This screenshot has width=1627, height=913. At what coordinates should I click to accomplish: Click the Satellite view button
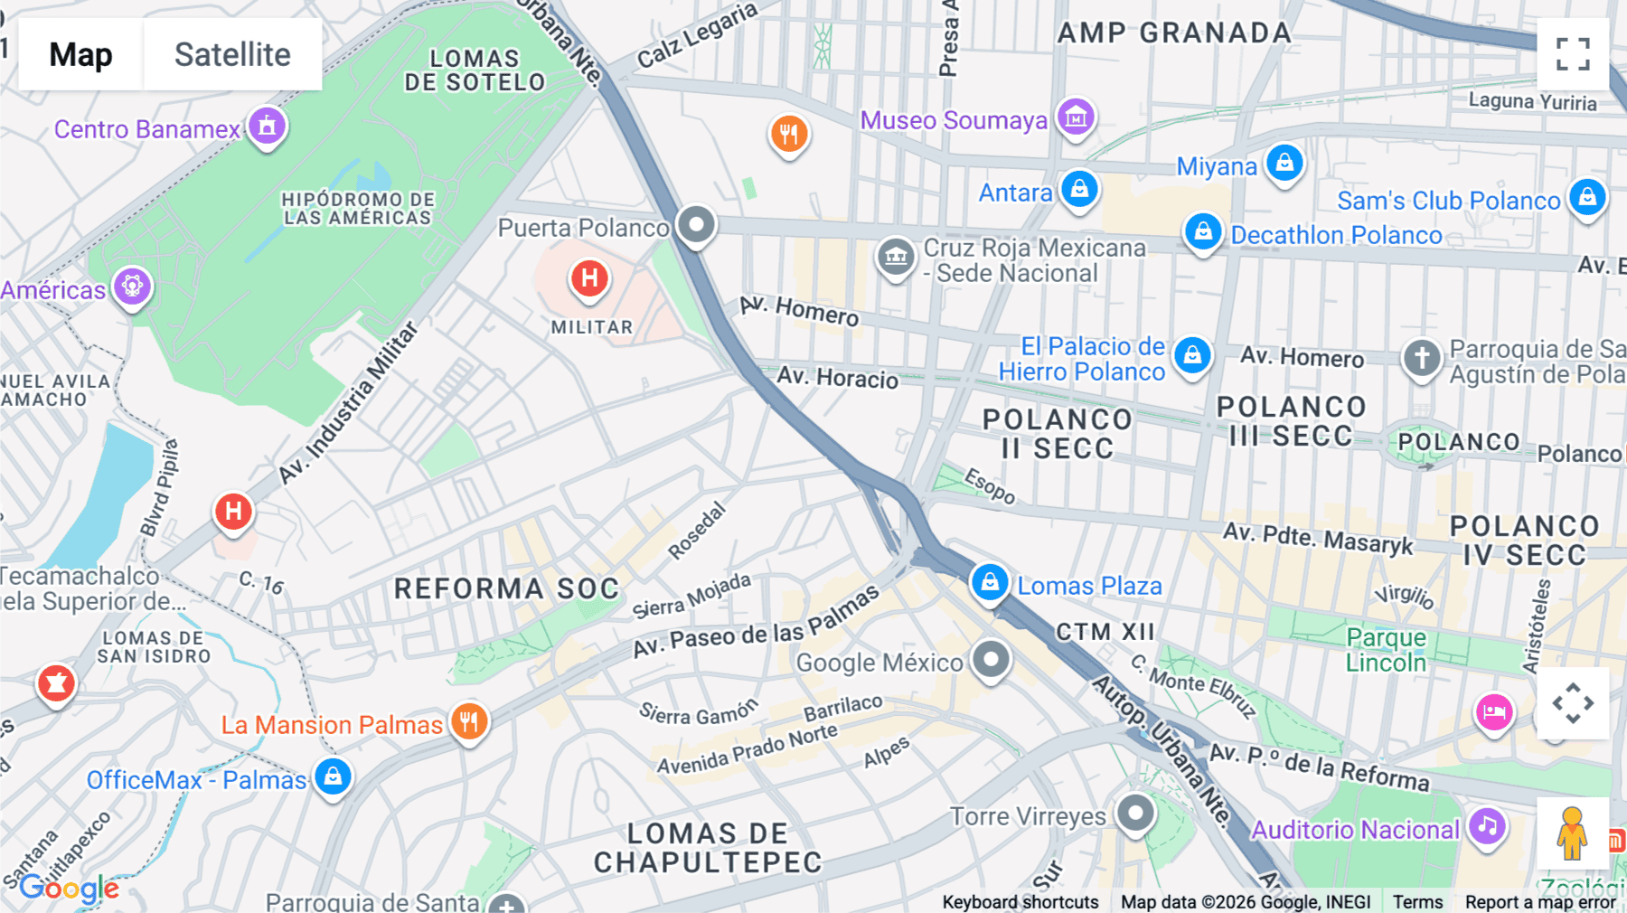pyautogui.click(x=232, y=54)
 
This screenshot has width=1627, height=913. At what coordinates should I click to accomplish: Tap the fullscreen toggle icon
pyautogui.click(x=1573, y=54)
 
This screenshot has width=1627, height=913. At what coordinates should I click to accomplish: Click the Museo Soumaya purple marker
pyautogui.click(x=1076, y=118)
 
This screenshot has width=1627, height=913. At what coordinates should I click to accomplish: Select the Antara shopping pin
pyautogui.click(x=1079, y=190)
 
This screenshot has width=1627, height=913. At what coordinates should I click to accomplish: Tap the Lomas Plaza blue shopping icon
pyautogui.click(x=990, y=583)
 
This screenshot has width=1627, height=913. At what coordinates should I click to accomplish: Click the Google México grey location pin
pyautogui.click(x=991, y=660)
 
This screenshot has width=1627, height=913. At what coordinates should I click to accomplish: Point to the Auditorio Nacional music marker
pyautogui.click(x=1487, y=826)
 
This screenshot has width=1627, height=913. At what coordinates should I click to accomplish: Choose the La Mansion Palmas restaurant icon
pyautogui.click(x=469, y=722)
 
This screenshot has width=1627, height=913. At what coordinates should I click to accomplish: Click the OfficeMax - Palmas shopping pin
pyautogui.click(x=333, y=777)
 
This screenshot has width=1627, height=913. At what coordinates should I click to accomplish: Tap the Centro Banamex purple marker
pyautogui.click(x=267, y=127)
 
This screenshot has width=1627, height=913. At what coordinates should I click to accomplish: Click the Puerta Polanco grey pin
pyautogui.click(x=696, y=224)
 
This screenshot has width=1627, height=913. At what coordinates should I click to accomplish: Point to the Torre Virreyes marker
pyautogui.click(x=1135, y=814)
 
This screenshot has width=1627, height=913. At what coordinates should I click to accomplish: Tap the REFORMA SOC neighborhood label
pyautogui.click(x=506, y=588)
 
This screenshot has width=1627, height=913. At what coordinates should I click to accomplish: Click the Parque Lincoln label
pyautogui.click(x=1386, y=650)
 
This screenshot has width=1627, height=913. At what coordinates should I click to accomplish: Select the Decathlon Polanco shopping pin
pyautogui.click(x=1203, y=232)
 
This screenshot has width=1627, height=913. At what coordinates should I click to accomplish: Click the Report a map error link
pyautogui.click(x=1540, y=902)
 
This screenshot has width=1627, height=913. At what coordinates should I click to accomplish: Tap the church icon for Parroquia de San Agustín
pyautogui.click(x=1421, y=358)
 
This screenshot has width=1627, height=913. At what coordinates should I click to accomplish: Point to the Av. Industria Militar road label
pyautogui.click(x=348, y=403)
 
